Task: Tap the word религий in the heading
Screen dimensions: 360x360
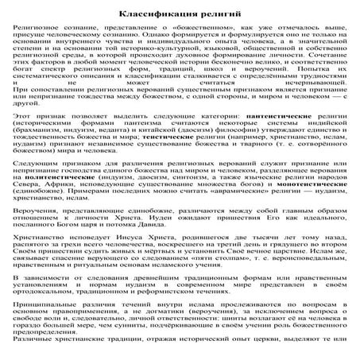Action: click(212, 15)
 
